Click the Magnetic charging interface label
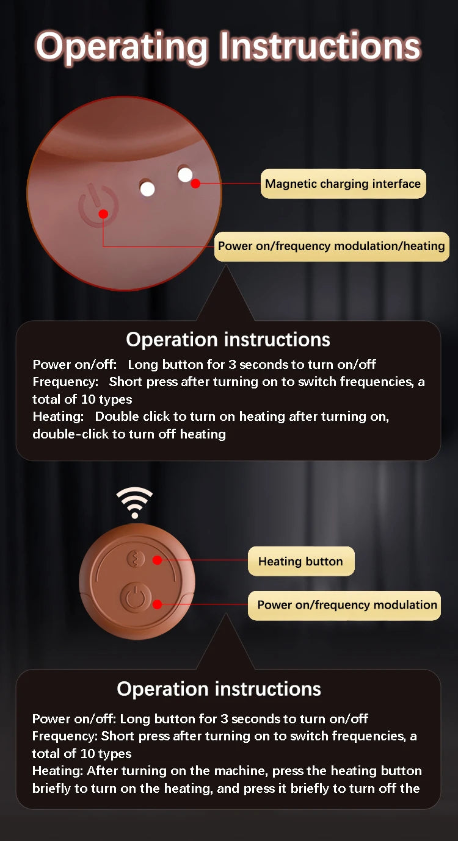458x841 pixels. pyautogui.click(x=343, y=184)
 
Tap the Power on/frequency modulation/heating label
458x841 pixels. pyautogui.click(x=331, y=246)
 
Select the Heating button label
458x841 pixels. pyautogui.click(x=300, y=561)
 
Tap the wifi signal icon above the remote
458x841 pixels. pyautogui.click(x=134, y=503)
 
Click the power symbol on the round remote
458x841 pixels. pyautogui.click(x=136, y=598)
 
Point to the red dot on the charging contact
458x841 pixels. pyautogui.click(x=195, y=183)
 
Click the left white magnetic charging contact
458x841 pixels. pyautogui.click(x=147, y=188)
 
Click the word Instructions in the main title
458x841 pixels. pyautogui.click(x=319, y=46)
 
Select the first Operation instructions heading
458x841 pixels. pyautogui.click(x=228, y=339)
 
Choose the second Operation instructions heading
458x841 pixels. pyautogui.click(x=219, y=689)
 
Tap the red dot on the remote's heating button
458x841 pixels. pyautogui.click(x=157, y=560)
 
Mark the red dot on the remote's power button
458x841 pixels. pyautogui.click(x=157, y=604)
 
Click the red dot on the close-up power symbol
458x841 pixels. pyautogui.click(x=103, y=213)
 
